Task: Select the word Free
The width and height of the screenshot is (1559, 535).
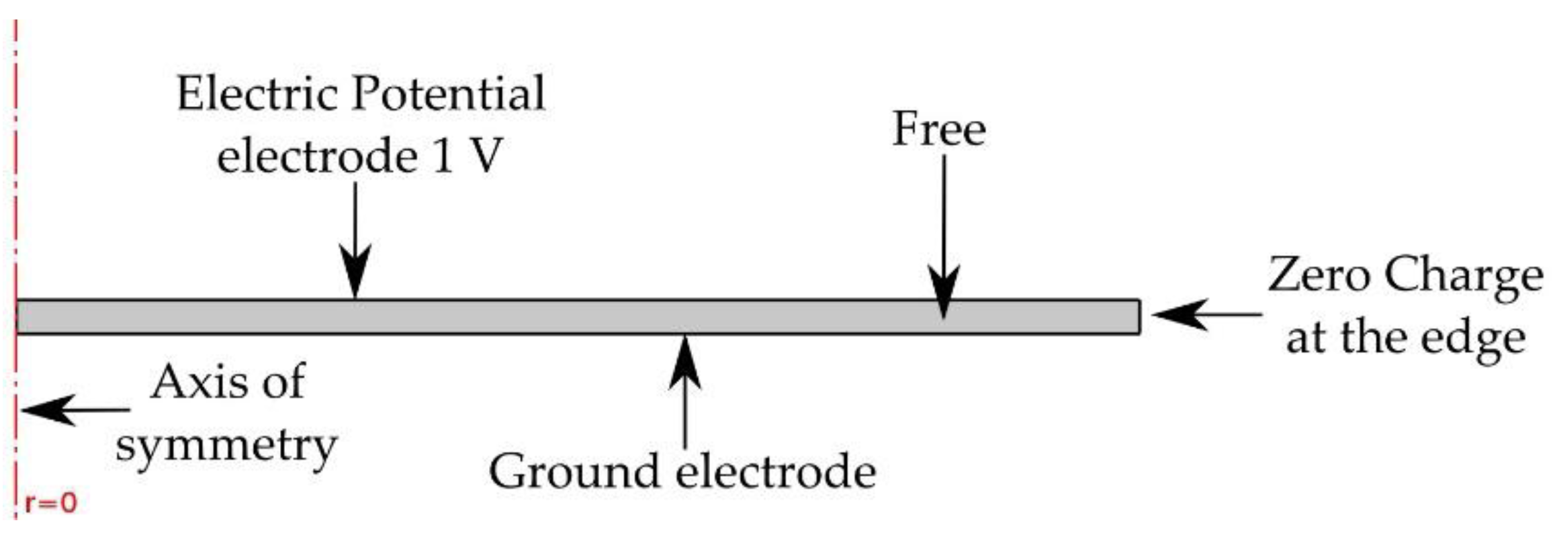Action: click(938, 129)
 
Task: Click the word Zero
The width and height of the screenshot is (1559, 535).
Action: click(1317, 275)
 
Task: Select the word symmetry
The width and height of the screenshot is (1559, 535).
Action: click(226, 446)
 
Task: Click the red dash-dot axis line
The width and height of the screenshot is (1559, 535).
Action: click(15, 201)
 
